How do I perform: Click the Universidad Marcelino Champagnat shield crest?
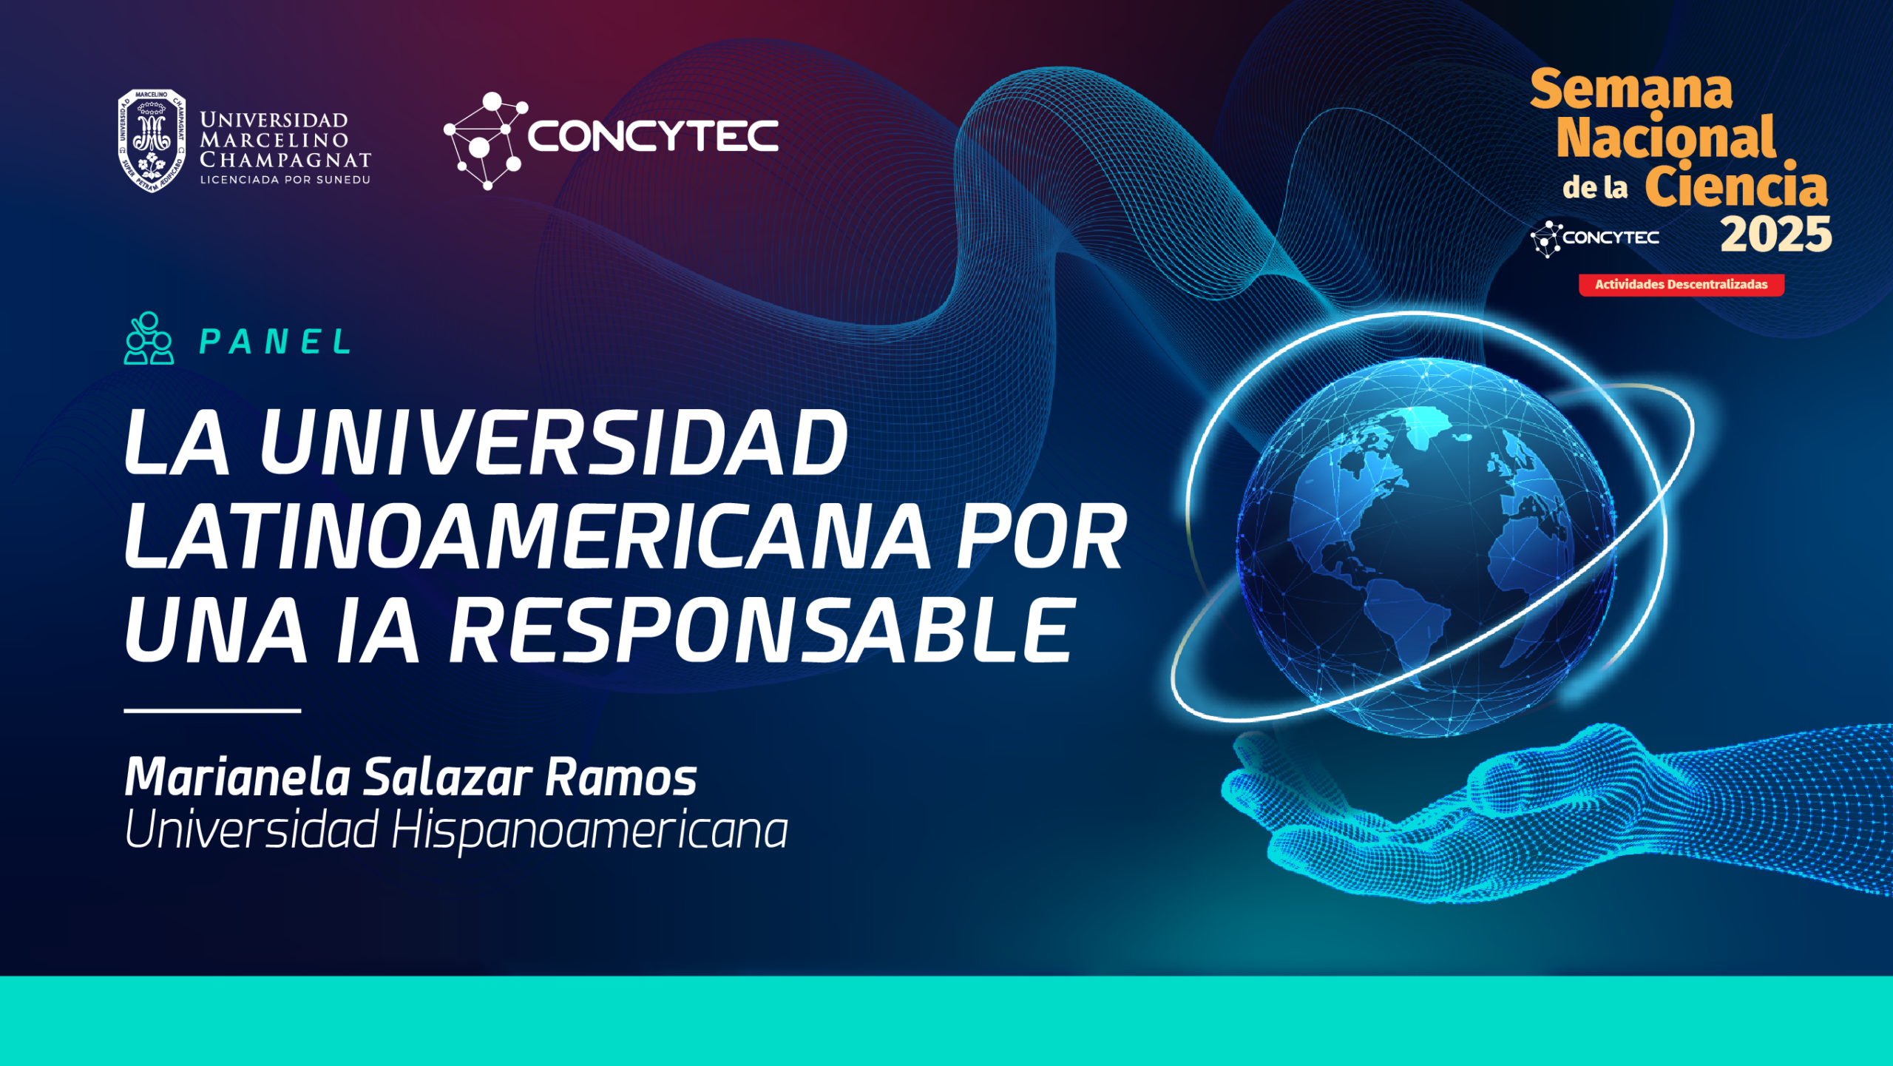pos(152,141)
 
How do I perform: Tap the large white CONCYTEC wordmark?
pos(653,136)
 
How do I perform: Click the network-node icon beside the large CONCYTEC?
pos(485,141)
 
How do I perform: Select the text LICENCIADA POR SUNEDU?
pos(285,180)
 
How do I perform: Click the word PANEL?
pos(275,342)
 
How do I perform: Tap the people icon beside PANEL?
pos(149,338)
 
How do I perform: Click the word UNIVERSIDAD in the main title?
pos(554,442)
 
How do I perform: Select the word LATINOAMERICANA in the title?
pos(527,536)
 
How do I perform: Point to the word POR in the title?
pos(1042,536)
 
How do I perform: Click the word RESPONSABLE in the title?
pos(762,630)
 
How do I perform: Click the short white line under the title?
pos(212,711)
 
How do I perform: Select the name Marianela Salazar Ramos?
pos(410,777)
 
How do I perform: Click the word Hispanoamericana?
pos(589,831)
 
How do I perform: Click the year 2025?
pos(1776,235)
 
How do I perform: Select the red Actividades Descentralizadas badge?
pos(1682,285)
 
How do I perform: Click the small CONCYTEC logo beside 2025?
pos(1594,238)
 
